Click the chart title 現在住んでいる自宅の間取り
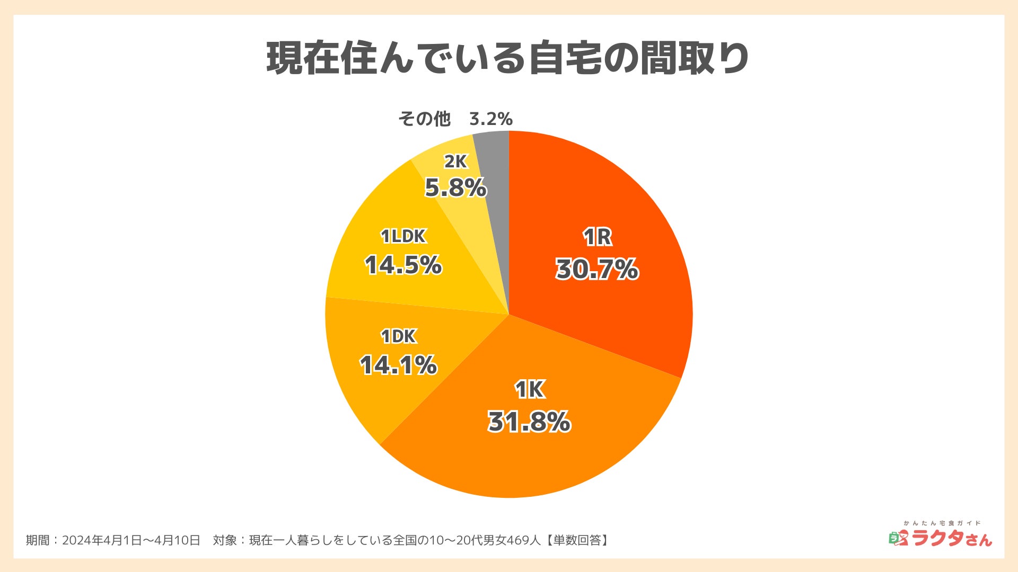(x=507, y=58)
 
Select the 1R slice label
(x=598, y=237)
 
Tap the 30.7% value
(x=597, y=269)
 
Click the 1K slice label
(x=530, y=390)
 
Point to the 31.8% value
(x=529, y=422)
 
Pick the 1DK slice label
(x=399, y=336)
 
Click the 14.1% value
(x=398, y=365)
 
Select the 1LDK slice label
(x=403, y=236)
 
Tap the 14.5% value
(x=403, y=265)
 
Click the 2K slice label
(x=455, y=162)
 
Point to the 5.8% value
(x=455, y=188)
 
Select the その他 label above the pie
(x=424, y=119)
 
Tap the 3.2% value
(x=491, y=119)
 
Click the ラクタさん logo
(x=941, y=536)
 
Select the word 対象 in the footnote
(x=224, y=540)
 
